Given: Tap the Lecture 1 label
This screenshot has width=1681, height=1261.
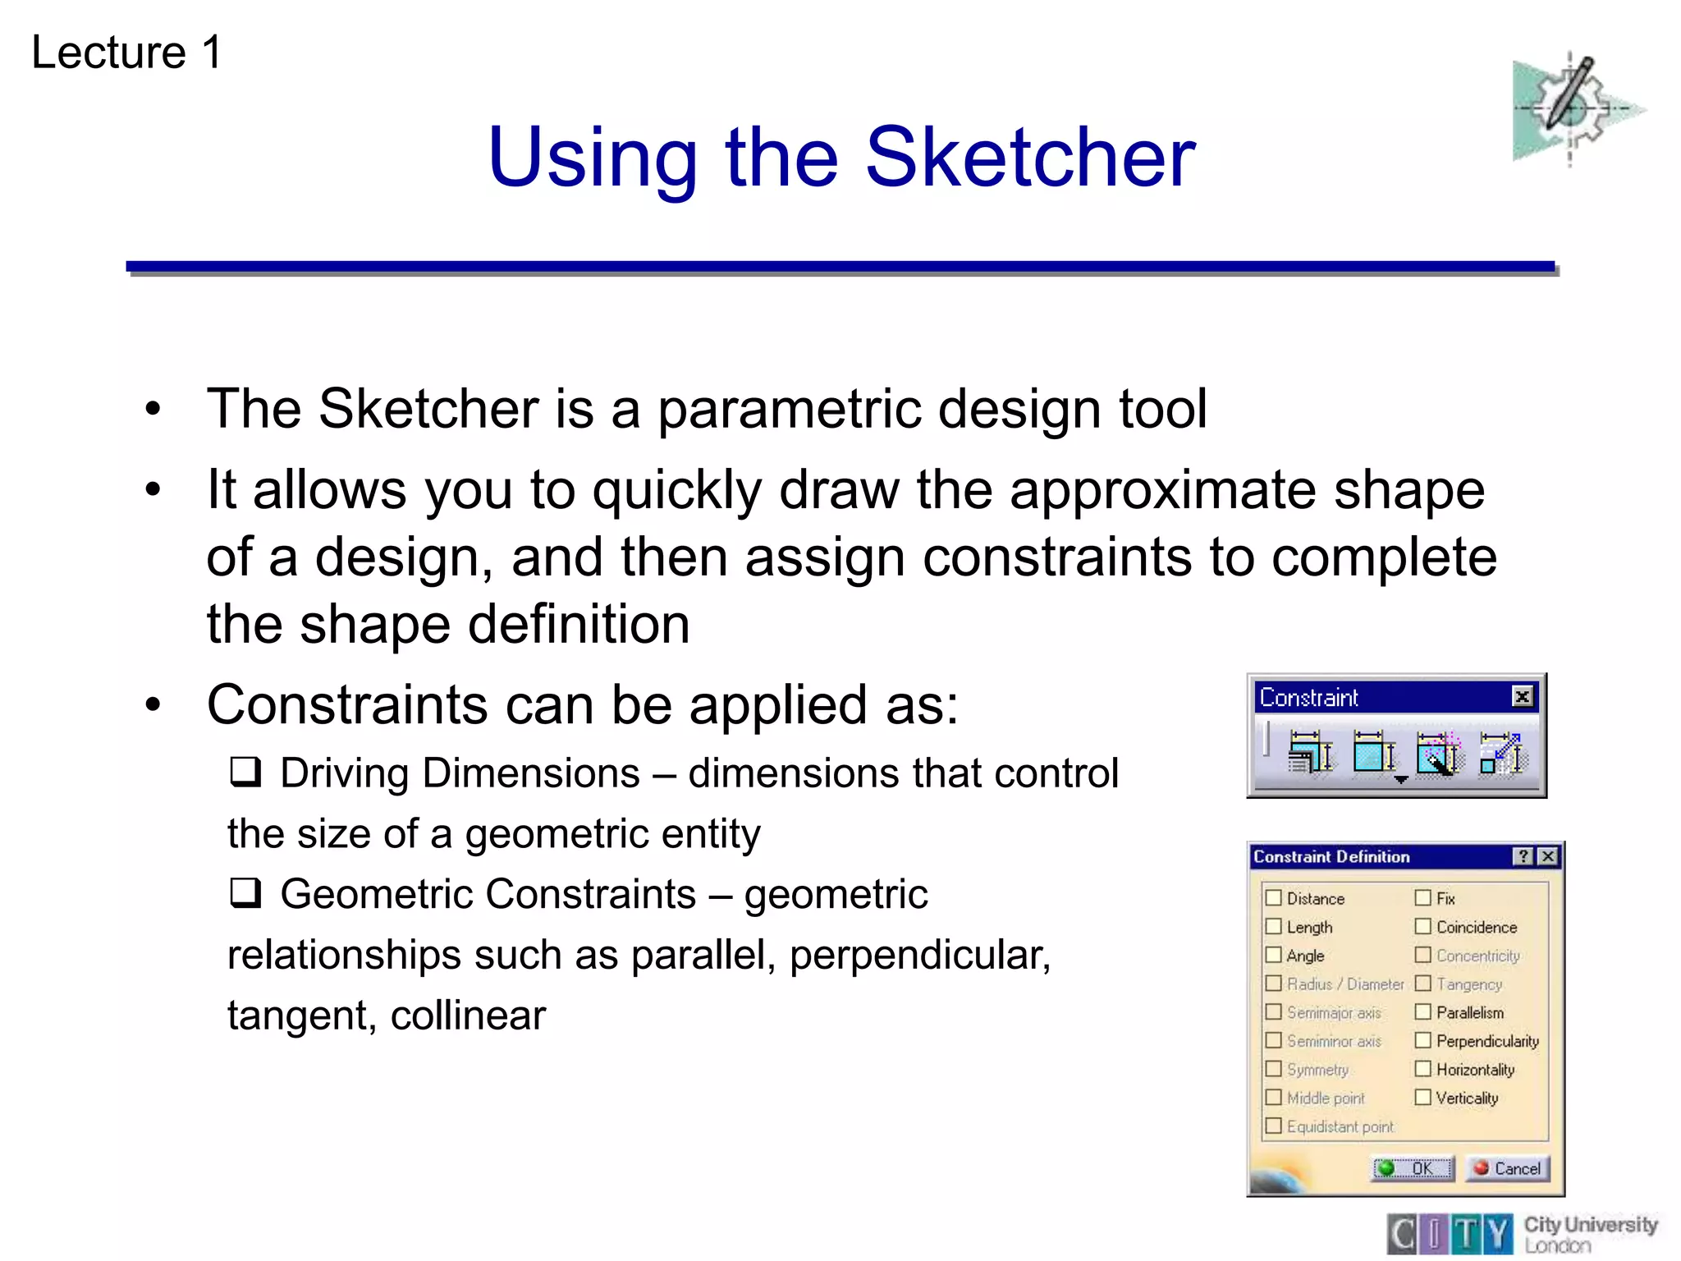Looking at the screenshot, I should click(x=126, y=53).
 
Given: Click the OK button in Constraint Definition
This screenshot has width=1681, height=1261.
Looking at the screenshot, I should click(x=1413, y=1167).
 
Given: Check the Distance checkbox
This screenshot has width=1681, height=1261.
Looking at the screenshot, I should click(x=1273, y=897).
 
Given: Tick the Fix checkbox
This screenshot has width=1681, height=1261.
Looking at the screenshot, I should click(x=1422, y=897).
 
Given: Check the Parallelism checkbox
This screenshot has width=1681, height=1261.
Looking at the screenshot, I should click(x=1422, y=1011).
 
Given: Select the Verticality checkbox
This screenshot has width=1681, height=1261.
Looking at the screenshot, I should click(x=1422, y=1097).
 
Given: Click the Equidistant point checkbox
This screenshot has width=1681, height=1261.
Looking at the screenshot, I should click(x=1273, y=1126).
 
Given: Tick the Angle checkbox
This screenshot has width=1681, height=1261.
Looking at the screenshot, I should click(x=1273, y=955).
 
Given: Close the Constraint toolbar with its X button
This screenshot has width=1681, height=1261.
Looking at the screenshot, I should click(x=1522, y=697).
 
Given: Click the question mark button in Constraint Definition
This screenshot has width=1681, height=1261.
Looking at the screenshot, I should click(x=1523, y=856).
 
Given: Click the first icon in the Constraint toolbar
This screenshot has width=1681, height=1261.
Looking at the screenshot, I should click(x=1310, y=752).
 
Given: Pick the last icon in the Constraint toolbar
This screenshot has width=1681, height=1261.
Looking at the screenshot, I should click(x=1501, y=752).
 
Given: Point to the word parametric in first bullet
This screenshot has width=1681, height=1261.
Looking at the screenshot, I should click(x=790, y=409).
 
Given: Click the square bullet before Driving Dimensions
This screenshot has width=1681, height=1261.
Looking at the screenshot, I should click(x=245, y=772).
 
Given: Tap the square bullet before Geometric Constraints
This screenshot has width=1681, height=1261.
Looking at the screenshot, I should click(x=245, y=892).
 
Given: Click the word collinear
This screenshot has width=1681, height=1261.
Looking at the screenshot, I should click(x=468, y=1016).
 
